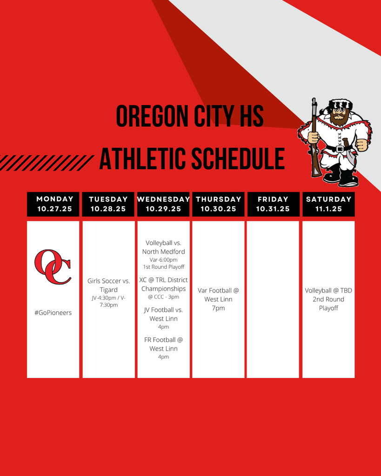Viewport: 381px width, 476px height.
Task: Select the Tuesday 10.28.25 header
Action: click(108, 204)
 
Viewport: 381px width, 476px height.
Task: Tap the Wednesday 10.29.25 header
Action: click(163, 204)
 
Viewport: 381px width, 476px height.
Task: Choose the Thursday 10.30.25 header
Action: click(219, 204)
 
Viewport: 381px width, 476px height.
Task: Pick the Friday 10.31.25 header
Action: click(273, 204)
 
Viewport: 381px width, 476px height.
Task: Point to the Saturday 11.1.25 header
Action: click(328, 204)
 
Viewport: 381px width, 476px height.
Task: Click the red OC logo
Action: click(53, 267)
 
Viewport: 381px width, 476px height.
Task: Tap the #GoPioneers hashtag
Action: click(53, 313)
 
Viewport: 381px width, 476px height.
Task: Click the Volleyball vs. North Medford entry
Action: click(163, 247)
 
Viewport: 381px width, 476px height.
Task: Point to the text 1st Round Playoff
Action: click(164, 267)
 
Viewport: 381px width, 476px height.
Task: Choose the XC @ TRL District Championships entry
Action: click(163, 284)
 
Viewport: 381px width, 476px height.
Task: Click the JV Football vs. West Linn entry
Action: click(163, 314)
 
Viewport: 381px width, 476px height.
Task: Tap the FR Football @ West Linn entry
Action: click(163, 344)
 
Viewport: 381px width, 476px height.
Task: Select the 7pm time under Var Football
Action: click(219, 308)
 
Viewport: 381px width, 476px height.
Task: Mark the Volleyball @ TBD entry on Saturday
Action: click(328, 291)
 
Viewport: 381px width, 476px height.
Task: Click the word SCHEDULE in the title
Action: click(238, 159)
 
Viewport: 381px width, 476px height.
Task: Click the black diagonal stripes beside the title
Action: click(47, 163)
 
